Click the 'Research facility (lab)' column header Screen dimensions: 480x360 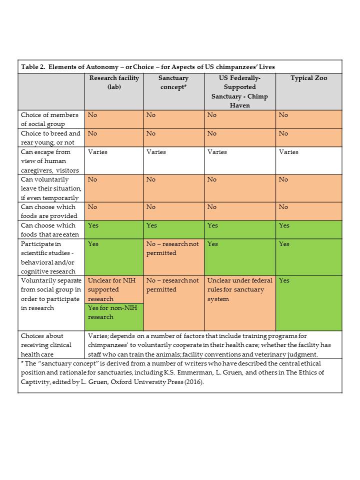(114, 82)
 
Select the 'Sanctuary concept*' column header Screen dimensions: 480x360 (173, 82)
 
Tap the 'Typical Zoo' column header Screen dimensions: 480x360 (308, 78)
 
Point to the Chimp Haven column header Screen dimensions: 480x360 (239, 91)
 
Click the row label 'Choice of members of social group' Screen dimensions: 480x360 (50, 119)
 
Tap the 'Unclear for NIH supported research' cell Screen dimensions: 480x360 (111, 289)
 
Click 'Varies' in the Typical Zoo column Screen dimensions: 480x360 (288, 152)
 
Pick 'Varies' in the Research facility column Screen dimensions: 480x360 (97, 152)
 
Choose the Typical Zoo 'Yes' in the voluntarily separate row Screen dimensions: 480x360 (284, 280)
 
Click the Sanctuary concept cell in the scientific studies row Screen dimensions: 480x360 (172, 248)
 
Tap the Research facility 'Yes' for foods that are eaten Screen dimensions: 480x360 (93, 225)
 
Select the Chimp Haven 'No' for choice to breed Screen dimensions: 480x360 (212, 133)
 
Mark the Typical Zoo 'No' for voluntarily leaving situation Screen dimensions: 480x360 (283, 179)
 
